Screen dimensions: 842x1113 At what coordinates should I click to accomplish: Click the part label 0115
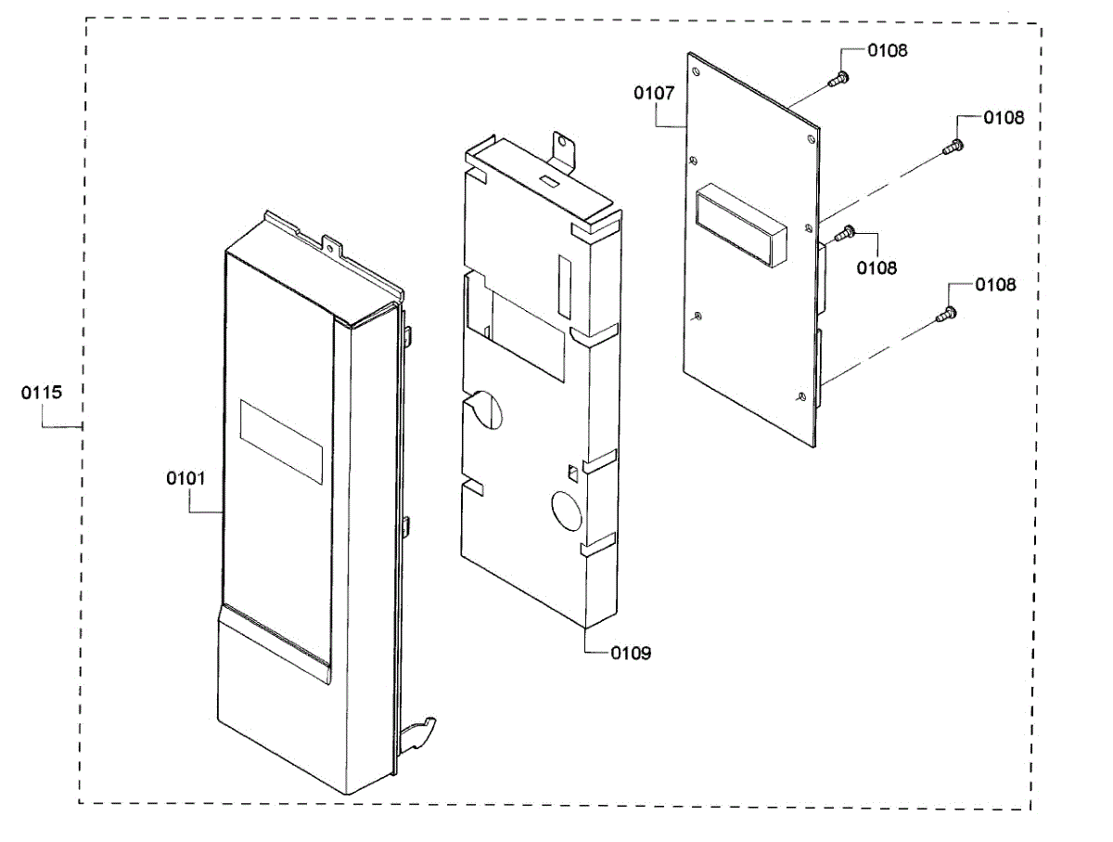(42, 393)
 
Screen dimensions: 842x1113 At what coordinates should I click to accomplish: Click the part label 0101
(185, 478)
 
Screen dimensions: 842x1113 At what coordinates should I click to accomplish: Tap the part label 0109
(631, 654)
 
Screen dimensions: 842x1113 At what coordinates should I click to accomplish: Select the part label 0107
(653, 93)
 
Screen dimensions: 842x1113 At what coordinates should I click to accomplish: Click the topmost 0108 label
(888, 50)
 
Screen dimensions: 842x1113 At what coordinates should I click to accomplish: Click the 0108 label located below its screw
(876, 268)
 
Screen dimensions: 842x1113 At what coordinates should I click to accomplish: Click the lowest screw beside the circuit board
(947, 315)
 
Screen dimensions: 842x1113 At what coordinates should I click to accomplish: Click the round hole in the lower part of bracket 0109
(567, 510)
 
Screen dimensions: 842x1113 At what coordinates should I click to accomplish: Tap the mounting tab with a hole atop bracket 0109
(563, 146)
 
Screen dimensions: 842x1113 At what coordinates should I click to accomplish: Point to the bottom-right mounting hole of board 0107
(800, 396)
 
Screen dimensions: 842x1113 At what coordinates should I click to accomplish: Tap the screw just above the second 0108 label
(953, 146)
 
